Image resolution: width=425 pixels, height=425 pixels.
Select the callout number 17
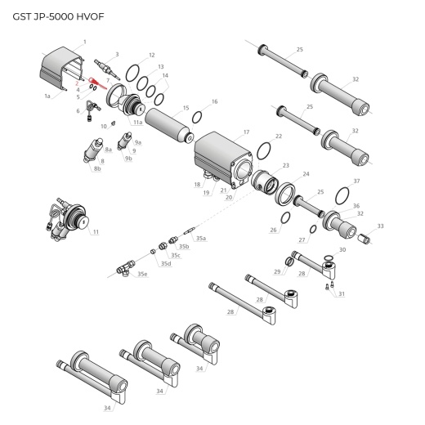coord(246,131)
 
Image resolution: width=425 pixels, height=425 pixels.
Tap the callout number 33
coord(380,226)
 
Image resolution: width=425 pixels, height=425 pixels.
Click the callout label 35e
coord(143,274)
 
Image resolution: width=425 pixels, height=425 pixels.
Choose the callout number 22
coord(279,136)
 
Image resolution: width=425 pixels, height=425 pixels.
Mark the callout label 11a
coord(138,123)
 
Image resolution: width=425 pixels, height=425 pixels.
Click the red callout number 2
coord(77,83)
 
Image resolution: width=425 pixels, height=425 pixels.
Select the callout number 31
coord(342,293)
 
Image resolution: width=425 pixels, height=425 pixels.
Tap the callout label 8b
coord(97,168)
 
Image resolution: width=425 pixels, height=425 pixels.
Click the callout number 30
coord(342,249)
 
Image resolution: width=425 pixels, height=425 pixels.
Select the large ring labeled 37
coord(344,195)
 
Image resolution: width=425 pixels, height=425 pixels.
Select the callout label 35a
coord(201,238)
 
